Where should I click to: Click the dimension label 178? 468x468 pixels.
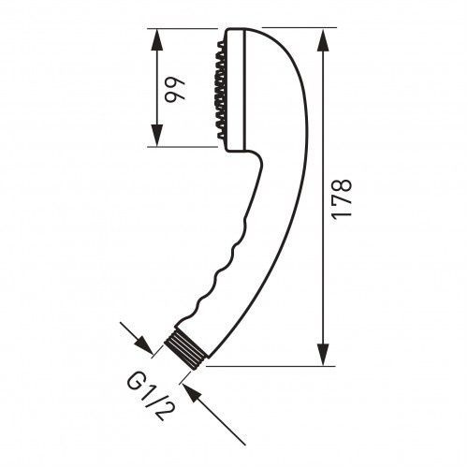click(x=343, y=199)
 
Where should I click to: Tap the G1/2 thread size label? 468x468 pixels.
click(x=150, y=396)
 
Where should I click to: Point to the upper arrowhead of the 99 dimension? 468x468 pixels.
click(x=156, y=39)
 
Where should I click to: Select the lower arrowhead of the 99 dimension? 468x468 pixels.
click(x=156, y=135)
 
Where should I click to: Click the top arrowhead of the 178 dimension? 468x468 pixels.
click(x=323, y=39)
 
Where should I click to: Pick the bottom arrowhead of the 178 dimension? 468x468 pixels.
click(x=323, y=355)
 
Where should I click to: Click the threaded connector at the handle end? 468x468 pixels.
click(x=186, y=350)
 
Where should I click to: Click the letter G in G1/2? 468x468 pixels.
click(x=136, y=382)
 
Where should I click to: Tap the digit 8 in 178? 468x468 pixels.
click(x=343, y=185)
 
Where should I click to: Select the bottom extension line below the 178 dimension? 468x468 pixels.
click(x=271, y=366)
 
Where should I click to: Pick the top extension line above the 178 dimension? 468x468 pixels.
click(x=300, y=28)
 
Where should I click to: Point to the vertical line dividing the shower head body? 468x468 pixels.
click(x=246, y=90)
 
